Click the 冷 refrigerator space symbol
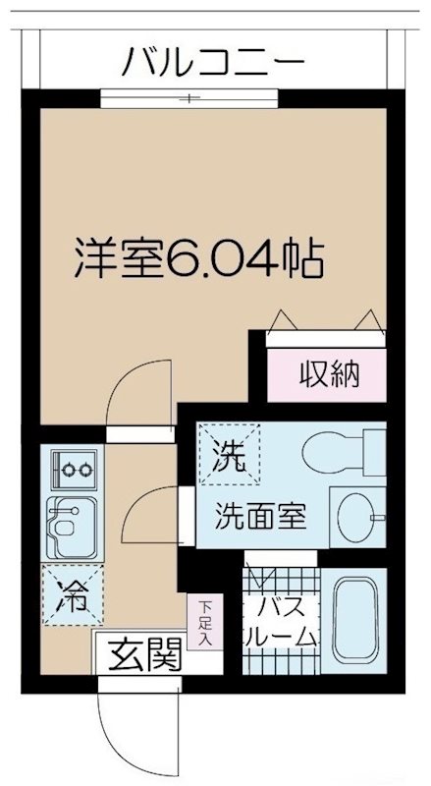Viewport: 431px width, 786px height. [69, 593]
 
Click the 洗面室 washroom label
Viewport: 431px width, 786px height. [261, 514]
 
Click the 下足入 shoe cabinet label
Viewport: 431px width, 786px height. [205, 623]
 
